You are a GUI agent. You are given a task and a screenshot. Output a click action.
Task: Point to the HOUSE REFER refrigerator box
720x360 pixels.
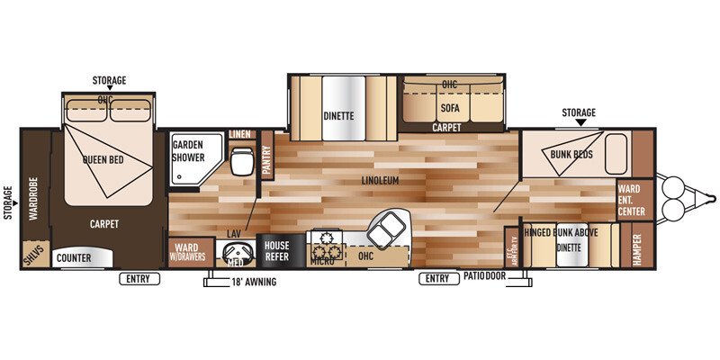pyautogui.click(x=276, y=250)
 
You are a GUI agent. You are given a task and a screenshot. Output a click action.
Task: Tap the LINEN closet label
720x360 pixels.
pyautogui.click(x=239, y=135)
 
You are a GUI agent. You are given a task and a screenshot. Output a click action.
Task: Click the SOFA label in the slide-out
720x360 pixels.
pyautogui.click(x=449, y=107)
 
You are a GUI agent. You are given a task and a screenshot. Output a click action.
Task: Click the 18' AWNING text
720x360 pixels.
pyautogui.click(x=255, y=283)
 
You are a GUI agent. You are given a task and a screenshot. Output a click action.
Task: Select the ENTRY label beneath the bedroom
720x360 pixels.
pyautogui.click(x=138, y=279)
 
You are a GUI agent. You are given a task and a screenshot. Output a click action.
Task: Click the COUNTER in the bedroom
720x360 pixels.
pyautogui.click(x=74, y=257)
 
